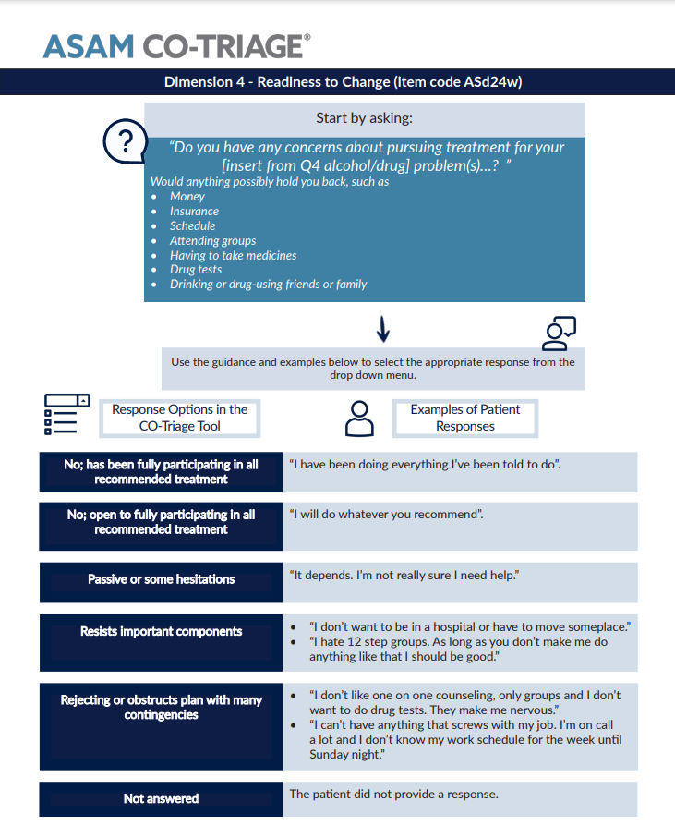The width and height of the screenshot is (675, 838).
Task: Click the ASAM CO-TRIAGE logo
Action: [176, 45]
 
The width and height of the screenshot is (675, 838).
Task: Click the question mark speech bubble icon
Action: [125, 142]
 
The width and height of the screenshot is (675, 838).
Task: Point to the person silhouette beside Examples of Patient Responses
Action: [359, 418]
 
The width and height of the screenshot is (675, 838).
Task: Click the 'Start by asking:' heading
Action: [364, 118]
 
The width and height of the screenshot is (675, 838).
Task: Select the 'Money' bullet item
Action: [187, 197]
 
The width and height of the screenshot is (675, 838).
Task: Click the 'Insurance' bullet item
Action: [194, 212]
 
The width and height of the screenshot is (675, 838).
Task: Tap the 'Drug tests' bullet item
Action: [196, 270]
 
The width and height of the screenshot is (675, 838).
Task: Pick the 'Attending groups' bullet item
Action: [212, 240]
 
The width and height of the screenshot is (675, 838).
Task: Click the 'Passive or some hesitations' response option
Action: [161, 579]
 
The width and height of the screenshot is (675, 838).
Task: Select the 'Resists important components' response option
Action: [161, 632]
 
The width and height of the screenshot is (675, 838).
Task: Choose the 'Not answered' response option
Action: [161, 798]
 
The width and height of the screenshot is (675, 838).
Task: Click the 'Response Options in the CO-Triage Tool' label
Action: [180, 418]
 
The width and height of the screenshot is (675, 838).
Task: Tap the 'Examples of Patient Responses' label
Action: [465, 418]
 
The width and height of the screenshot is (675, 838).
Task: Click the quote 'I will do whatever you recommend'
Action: [386, 514]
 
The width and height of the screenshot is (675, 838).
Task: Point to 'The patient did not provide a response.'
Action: [393, 795]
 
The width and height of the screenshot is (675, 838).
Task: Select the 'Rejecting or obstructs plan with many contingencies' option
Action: [161, 708]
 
